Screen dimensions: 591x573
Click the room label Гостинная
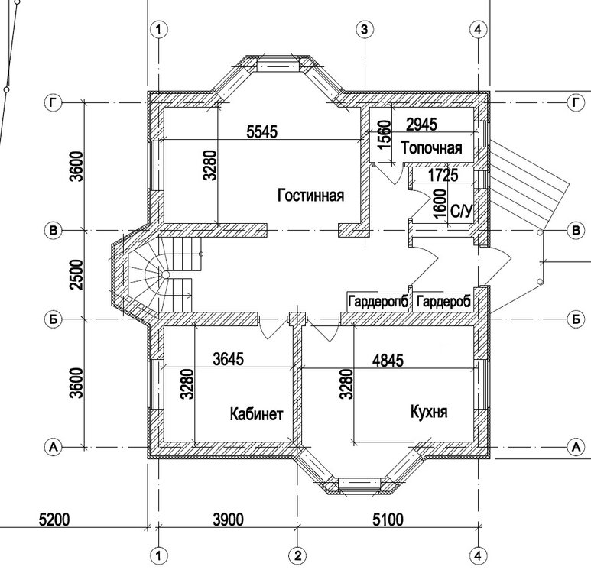point(310,196)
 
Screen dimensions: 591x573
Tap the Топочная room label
point(431,147)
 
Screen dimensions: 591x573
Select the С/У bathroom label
point(461,212)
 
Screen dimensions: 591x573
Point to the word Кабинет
point(256,414)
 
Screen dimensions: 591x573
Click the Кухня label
point(429,411)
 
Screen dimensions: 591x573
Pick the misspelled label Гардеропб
point(378,302)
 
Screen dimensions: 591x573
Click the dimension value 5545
point(262,131)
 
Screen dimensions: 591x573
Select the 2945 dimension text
point(422,124)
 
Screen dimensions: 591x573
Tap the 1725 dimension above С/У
point(443,175)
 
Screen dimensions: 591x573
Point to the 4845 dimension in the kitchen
point(388,360)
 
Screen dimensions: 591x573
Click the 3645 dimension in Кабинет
point(229,358)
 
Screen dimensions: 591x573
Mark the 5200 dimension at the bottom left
point(54,520)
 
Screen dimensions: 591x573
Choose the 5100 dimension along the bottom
point(388,520)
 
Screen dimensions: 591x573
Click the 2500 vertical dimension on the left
point(76,274)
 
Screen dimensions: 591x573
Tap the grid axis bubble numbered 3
point(364,29)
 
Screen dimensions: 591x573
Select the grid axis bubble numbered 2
point(297,555)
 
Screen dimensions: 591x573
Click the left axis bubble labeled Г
point(54,102)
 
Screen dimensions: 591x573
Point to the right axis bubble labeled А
point(576,447)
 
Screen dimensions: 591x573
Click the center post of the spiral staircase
point(165,274)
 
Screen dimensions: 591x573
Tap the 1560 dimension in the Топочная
point(385,134)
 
